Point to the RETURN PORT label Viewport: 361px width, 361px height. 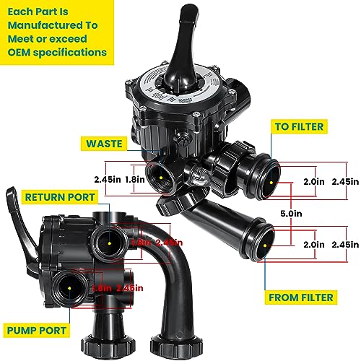(61, 196)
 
